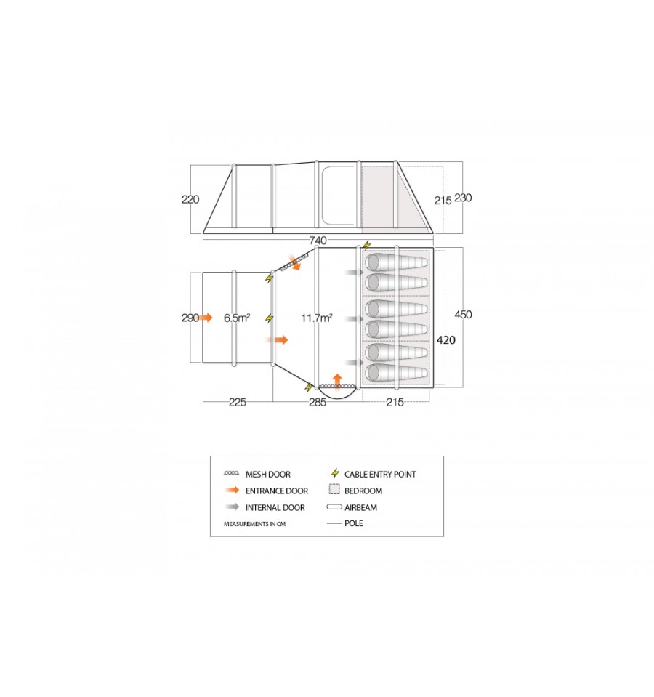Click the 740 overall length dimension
tap(318, 241)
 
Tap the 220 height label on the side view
tap(190, 199)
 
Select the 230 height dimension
tap(463, 198)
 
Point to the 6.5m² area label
tap(237, 318)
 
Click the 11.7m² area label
tap(317, 318)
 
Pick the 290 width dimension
tap(190, 318)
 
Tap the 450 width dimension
tap(463, 315)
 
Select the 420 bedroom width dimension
tap(446, 340)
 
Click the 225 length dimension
tap(237, 403)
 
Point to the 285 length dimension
tap(318, 403)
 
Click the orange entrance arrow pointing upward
tap(338, 382)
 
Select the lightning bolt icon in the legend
tap(336, 473)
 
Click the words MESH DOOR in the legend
tap(268, 475)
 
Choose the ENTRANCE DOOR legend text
tap(277, 491)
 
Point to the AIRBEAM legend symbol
tap(334, 507)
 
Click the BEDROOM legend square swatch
tap(334, 490)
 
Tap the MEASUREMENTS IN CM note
tap(254, 524)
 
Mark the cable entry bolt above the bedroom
tap(366, 245)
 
